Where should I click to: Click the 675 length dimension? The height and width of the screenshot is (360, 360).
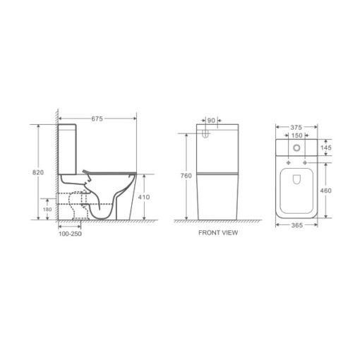coord(97,119)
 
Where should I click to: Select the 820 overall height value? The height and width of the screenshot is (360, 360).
coord(38,172)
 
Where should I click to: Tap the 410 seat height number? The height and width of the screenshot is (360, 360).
coord(144,197)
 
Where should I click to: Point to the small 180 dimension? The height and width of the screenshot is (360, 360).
coord(47,209)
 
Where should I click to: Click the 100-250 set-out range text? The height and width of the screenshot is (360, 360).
coord(70,234)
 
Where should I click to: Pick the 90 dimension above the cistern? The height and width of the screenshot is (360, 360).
coord(211,121)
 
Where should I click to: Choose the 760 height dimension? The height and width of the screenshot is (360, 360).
coord(186,176)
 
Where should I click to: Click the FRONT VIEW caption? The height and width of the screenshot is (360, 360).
coord(218,233)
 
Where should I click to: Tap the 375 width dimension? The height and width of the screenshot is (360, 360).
coord(296,127)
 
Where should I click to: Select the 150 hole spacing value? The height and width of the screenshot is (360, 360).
coord(296,136)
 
